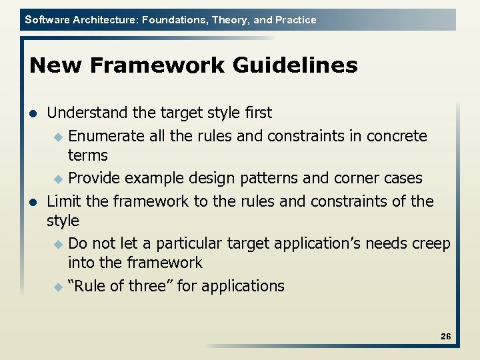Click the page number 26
[x=445, y=337]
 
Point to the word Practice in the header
[x=295, y=20]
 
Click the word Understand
[x=85, y=113]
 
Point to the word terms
[x=87, y=155]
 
